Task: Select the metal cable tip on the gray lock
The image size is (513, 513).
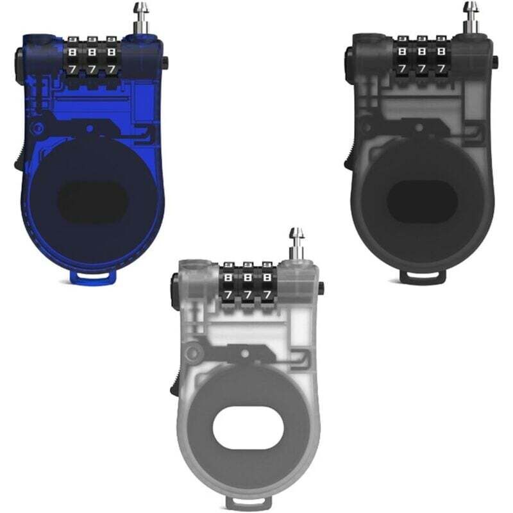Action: [x=297, y=242]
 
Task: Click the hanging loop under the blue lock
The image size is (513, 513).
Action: [x=93, y=276]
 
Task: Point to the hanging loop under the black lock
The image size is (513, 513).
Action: [x=423, y=276]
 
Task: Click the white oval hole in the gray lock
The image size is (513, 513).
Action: [x=248, y=428]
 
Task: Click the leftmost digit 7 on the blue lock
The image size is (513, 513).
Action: [x=72, y=69]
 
